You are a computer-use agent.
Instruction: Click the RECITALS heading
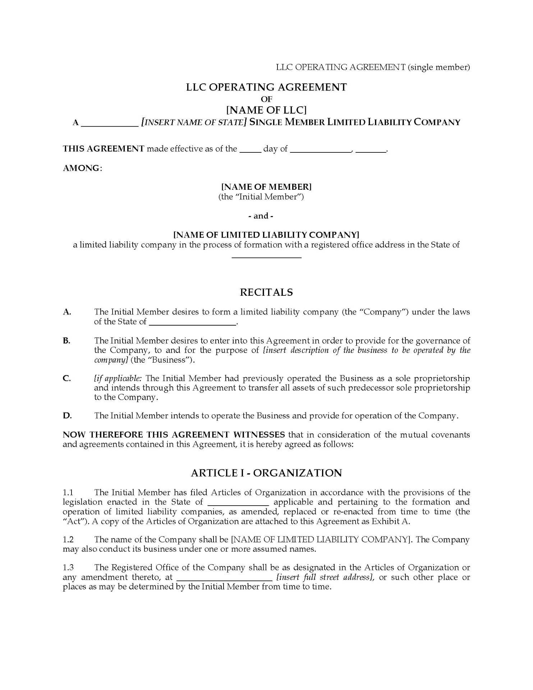[266, 293]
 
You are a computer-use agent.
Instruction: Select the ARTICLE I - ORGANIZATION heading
[266, 473]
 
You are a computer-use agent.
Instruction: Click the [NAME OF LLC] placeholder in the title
[266, 110]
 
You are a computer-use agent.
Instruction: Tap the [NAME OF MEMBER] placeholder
[266, 187]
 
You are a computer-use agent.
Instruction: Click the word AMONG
[81, 168]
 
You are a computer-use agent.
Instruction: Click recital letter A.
[67, 312]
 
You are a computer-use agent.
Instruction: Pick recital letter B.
[67, 341]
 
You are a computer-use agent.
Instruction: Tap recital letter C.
[67, 378]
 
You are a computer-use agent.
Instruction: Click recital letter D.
[67, 416]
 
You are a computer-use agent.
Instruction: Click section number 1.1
[68, 493]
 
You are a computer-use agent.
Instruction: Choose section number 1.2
[68, 540]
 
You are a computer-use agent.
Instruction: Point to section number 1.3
[68, 568]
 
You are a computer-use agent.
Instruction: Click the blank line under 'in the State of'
[266, 257]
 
